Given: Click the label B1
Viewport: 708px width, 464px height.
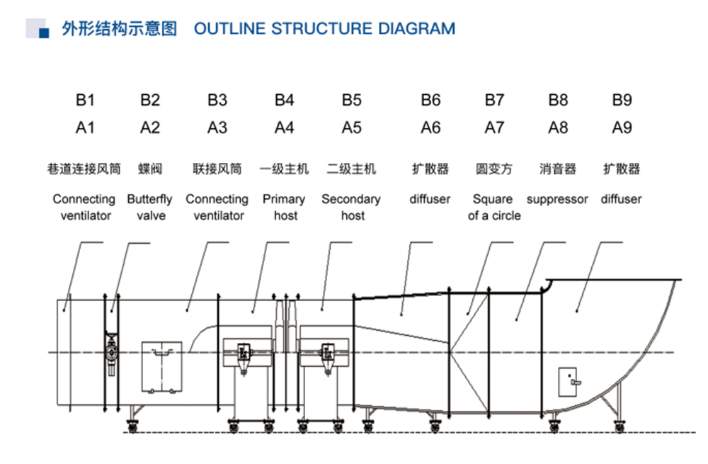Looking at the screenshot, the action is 85,100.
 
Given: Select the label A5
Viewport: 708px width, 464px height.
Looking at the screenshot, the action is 351,128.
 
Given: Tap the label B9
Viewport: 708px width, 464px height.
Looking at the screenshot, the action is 622,100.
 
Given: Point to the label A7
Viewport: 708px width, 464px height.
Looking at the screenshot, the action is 494,128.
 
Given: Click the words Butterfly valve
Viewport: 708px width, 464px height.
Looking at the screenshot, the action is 150,208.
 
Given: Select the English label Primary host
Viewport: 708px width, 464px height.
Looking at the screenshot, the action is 284,208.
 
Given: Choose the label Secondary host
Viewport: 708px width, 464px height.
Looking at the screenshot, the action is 351,208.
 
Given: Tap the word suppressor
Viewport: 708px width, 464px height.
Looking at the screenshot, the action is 557,199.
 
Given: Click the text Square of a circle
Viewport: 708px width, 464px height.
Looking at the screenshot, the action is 494,208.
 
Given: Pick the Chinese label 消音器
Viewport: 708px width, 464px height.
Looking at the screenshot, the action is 558,169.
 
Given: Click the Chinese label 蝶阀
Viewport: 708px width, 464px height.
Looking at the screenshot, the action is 150,169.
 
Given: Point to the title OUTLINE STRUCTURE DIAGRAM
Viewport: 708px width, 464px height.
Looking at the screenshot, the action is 325,28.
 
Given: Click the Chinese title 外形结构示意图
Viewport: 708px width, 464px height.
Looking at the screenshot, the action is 119,28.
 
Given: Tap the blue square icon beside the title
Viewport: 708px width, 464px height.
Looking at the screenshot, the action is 44,33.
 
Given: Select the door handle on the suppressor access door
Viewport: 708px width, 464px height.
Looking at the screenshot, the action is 575,383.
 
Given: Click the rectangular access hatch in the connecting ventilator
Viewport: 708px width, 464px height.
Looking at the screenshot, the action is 161,366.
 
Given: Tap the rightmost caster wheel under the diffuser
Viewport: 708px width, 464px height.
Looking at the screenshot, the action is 620,426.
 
